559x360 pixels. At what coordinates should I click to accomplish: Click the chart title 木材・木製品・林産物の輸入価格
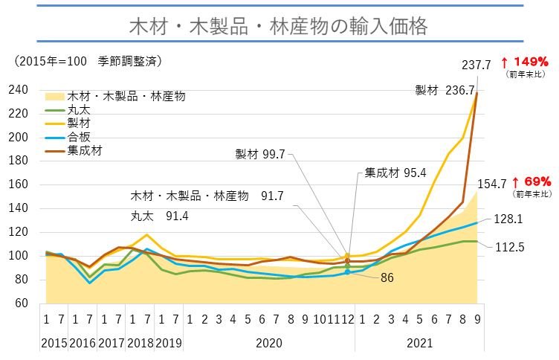point(279,27)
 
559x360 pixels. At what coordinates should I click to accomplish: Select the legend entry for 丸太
point(77,109)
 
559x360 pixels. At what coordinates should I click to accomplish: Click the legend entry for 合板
point(77,137)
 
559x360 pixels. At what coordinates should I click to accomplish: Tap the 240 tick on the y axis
point(19,90)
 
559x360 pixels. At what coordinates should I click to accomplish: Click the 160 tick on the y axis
point(19,184)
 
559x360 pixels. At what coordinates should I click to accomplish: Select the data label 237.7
point(476,65)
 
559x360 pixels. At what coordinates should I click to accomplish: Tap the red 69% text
point(531,181)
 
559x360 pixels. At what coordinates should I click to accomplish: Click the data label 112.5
point(509,248)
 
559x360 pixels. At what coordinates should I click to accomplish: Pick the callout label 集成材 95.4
point(395,173)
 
